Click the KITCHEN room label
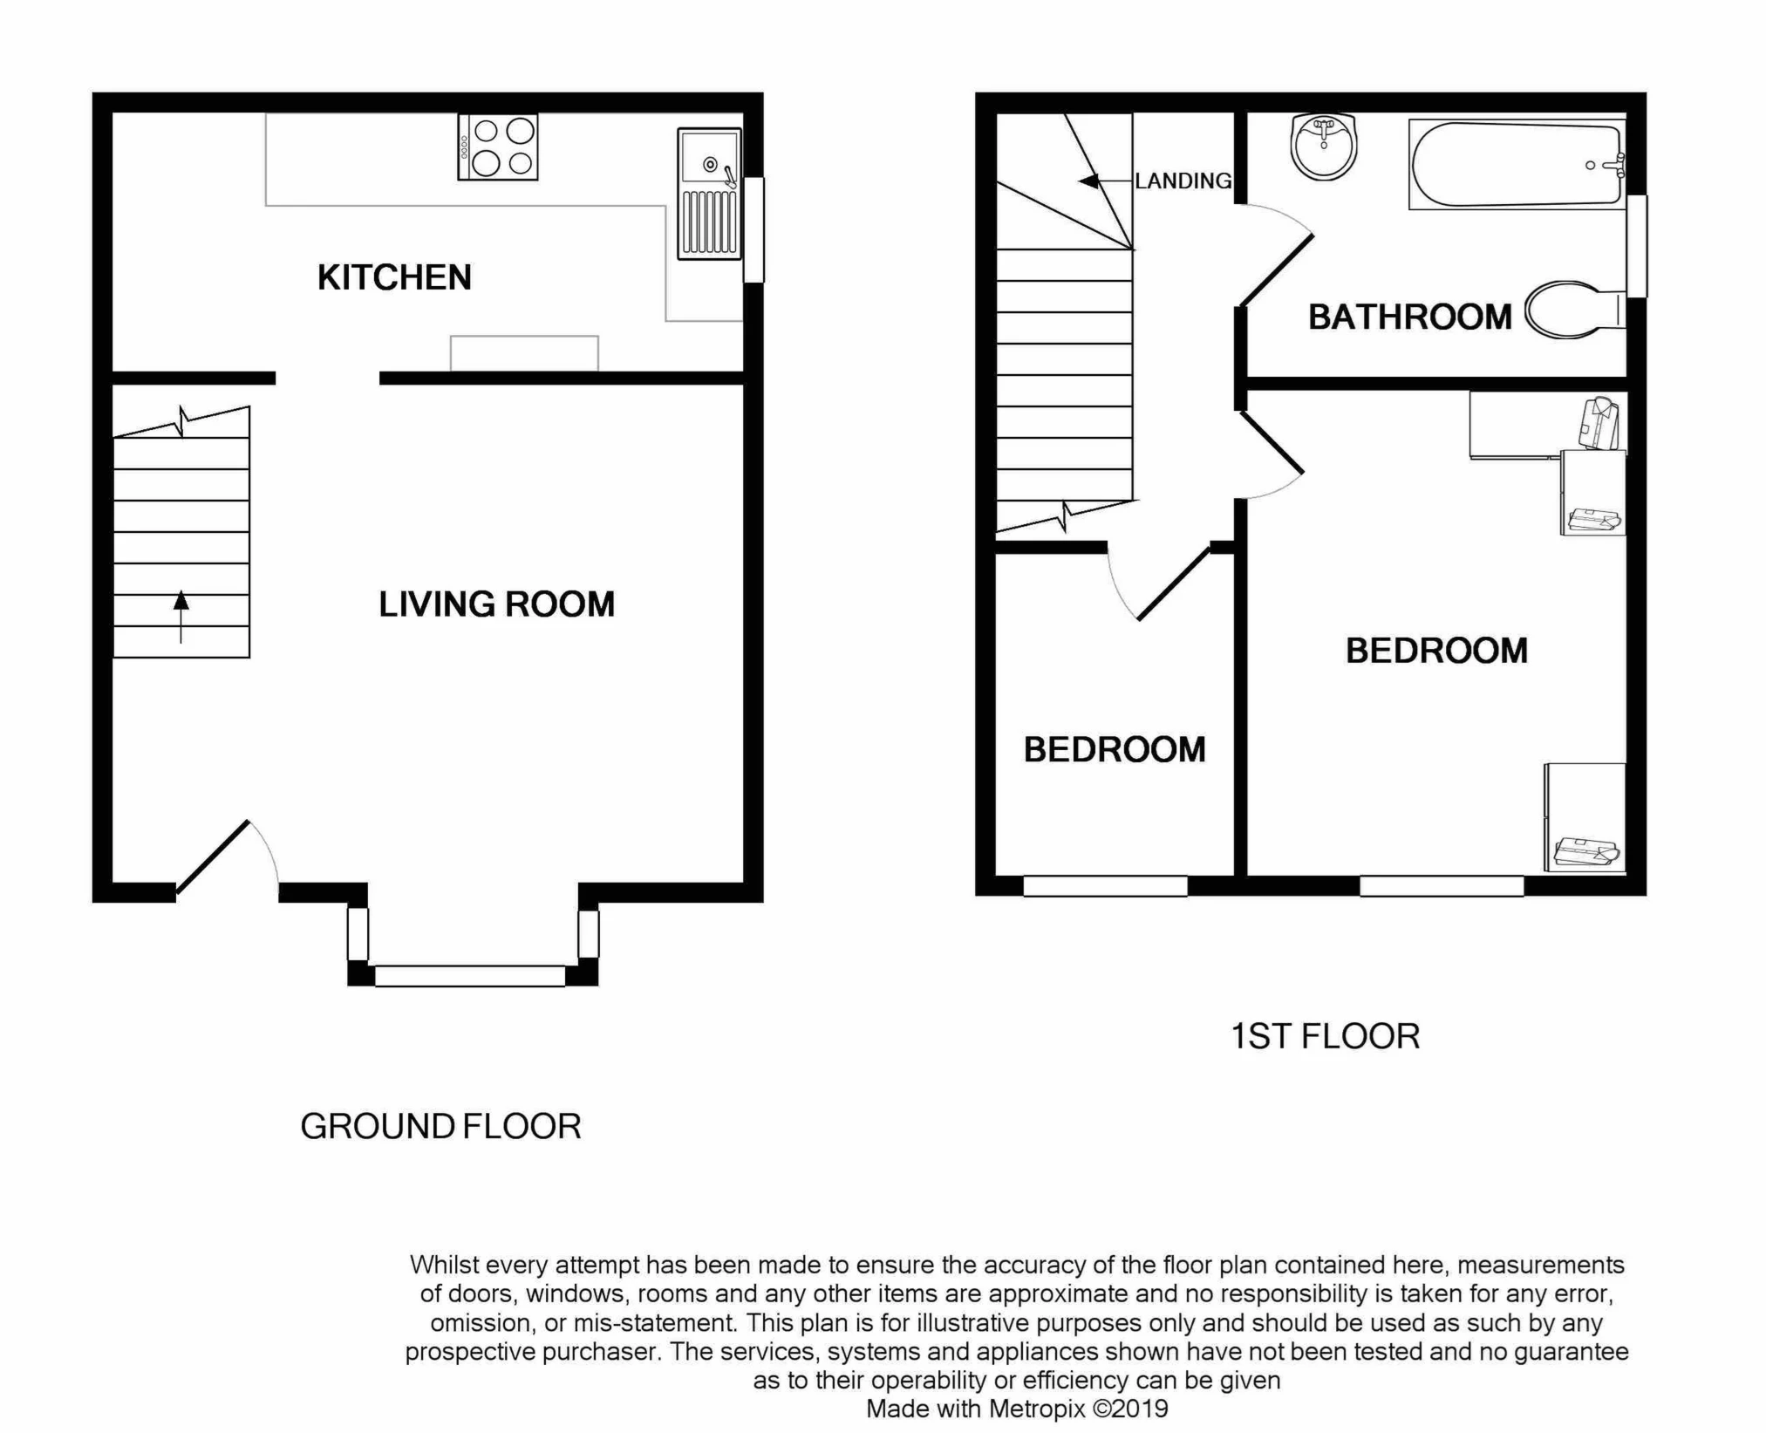[394, 277]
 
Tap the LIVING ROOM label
[496, 604]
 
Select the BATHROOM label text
[1409, 317]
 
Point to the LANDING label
[1183, 181]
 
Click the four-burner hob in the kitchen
[497, 147]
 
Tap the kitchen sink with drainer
[709, 194]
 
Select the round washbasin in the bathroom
[1324, 147]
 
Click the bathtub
[1516, 164]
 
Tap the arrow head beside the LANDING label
[1088, 181]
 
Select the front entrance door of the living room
[215, 856]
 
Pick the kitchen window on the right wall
[753, 229]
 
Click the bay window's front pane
[470, 975]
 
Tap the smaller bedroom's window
[1105, 885]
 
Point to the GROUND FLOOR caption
[440, 1127]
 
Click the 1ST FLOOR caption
[1325, 1036]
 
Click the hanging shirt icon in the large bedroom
[1599, 423]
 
